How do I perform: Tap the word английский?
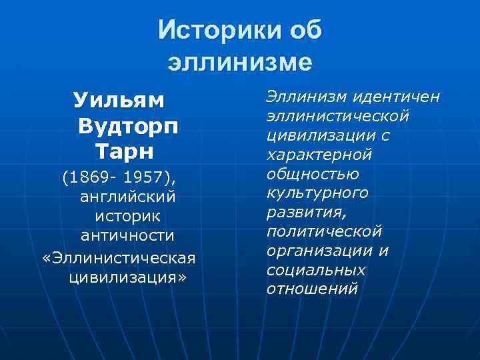[127, 198]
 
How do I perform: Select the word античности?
[127, 237]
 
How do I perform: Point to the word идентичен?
[397, 97]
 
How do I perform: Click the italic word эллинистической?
[337, 117]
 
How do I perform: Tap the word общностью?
[313, 174]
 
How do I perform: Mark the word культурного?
[317, 193]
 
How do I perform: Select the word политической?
[324, 232]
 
